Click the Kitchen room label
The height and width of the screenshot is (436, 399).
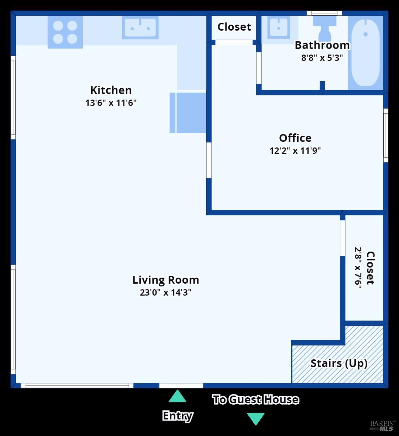click(111, 90)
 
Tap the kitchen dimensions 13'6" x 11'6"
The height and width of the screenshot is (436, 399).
click(111, 103)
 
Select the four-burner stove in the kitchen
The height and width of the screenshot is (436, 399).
click(65, 32)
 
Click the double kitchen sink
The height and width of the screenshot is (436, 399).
click(140, 27)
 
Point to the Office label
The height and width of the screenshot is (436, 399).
click(295, 138)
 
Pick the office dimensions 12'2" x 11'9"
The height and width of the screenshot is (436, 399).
click(295, 151)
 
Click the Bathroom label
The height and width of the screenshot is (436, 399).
click(322, 45)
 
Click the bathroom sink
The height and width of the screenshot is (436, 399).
click(278, 27)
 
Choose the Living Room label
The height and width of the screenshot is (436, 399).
click(166, 280)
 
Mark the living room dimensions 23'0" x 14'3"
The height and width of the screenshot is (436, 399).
click(166, 293)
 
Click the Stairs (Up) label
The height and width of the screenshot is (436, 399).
click(339, 364)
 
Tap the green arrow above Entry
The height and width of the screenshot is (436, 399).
click(177, 397)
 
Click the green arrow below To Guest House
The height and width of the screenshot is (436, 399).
click(256, 418)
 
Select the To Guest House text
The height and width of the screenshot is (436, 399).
click(256, 400)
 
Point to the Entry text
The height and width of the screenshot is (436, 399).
click(178, 416)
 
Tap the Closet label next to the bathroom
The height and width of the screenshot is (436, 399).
click(234, 27)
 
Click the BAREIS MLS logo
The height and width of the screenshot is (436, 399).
click(382, 425)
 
